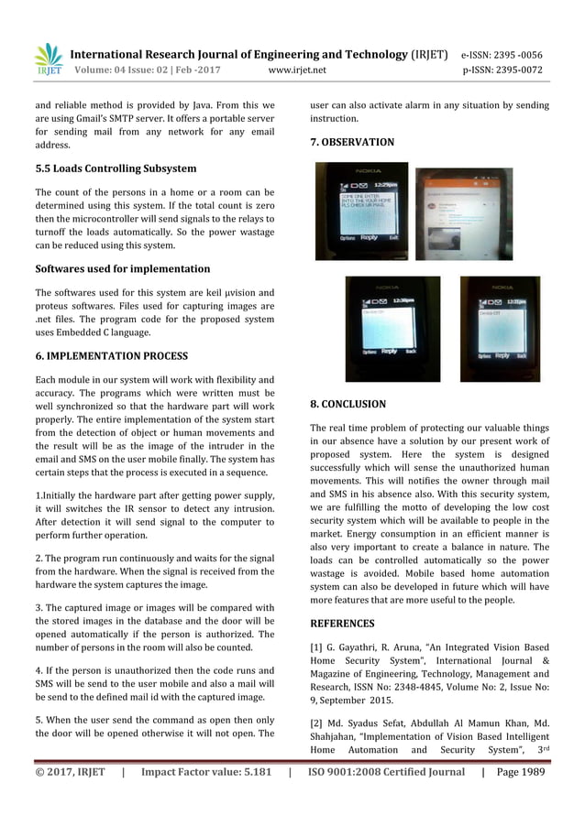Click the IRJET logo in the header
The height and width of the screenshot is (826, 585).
[x=48, y=58]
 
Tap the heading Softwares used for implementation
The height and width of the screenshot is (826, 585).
[x=123, y=269]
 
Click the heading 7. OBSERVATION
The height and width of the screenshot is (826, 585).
[x=352, y=142]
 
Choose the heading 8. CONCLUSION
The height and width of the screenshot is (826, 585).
[x=348, y=403]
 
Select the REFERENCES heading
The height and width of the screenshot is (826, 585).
[x=342, y=624]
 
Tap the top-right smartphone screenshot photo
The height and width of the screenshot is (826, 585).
[x=463, y=213]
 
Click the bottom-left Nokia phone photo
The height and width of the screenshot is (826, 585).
[x=392, y=329]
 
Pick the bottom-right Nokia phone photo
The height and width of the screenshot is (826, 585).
[x=500, y=328]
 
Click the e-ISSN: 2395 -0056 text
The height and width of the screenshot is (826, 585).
[x=501, y=54]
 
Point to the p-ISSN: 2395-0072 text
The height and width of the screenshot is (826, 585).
[x=502, y=70]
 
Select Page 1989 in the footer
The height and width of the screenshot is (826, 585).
[x=521, y=772]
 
